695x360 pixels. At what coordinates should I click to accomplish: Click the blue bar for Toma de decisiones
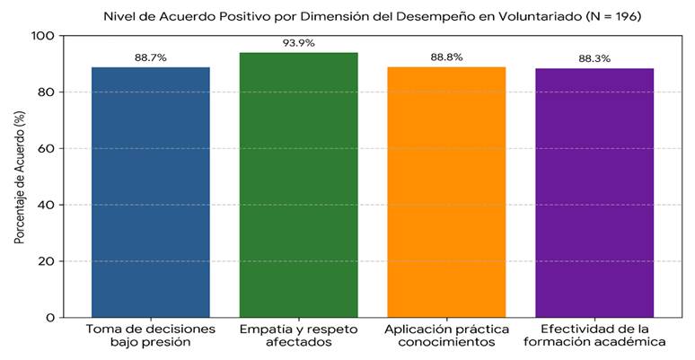(x=151, y=192)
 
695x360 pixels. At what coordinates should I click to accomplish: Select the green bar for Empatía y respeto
(x=299, y=185)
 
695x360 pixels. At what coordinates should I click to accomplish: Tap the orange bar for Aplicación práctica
(x=446, y=192)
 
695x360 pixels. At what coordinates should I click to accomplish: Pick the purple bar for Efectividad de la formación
(x=594, y=193)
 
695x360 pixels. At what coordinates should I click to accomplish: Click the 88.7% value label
(x=151, y=57)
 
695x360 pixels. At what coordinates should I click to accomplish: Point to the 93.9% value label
(x=299, y=43)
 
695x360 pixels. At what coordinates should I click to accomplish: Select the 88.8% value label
(x=446, y=57)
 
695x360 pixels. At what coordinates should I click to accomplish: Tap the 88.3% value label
(x=594, y=58)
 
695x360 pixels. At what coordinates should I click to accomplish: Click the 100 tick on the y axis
(x=43, y=36)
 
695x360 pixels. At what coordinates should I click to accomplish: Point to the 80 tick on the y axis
(x=47, y=92)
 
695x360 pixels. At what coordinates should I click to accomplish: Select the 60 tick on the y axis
(x=47, y=148)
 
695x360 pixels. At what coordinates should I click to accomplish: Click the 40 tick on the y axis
(x=47, y=205)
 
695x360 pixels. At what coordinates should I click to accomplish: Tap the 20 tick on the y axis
(x=47, y=261)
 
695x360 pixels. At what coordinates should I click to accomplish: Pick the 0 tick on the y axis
(x=50, y=318)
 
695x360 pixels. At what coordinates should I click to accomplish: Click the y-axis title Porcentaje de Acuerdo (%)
(x=19, y=177)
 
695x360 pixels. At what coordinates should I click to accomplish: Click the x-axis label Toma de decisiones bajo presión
(x=151, y=336)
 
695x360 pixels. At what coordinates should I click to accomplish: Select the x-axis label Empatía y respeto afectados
(x=299, y=336)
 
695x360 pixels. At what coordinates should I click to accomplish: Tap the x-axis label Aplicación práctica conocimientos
(x=446, y=336)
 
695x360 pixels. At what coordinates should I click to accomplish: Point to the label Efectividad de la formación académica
(x=594, y=336)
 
